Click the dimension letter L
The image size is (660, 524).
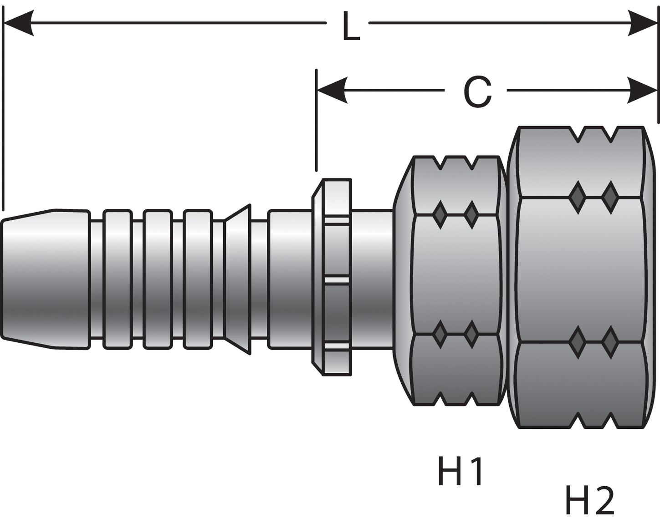pyautogui.click(x=350, y=29)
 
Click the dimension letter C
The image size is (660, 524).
pyautogui.click(x=477, y=92)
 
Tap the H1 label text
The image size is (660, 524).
pyautogui.click(x=460, y=472)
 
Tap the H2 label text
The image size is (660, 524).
pyautogui.click(x=589, y=500)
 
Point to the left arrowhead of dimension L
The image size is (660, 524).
pyautogui.click(x=18, y=23)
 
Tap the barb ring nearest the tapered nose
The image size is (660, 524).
pyautogui.click(x=118, y=280)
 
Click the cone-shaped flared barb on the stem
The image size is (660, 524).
pyautogui.click(x=238, y=280)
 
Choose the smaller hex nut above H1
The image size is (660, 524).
pyautogui.click(x=455, y=280)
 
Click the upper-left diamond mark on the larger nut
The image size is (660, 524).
pyautogui.click(x=577, y=197)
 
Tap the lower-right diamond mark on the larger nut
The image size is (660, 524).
pyautogui.click(x=609, y=341)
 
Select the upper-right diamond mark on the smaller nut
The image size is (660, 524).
pyautogui.click(x=471, y=214)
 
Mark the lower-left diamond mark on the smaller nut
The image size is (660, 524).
pyautogui.click(x=440, y=334)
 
